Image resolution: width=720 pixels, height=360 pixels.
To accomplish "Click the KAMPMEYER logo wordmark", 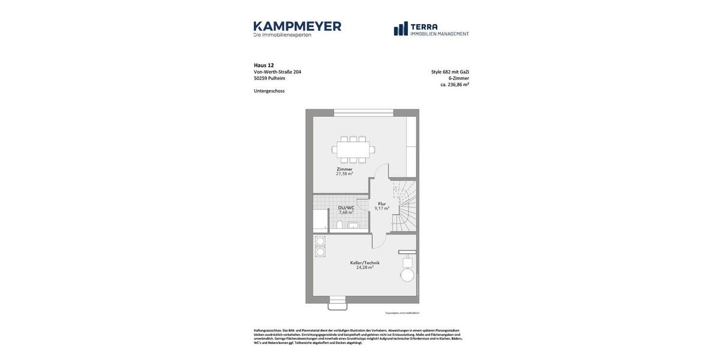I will [x=297, y=26].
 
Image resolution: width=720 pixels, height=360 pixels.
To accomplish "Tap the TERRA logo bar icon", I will [x=401, y=29].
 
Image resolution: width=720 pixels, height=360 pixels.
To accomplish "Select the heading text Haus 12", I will [x=263, y=65].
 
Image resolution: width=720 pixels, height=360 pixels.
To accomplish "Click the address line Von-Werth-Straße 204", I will [x=277, y=72].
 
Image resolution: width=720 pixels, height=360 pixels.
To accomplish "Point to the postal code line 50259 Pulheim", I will [x=269, y=79].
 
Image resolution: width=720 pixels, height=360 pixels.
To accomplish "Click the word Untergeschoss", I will [x=269, y=91].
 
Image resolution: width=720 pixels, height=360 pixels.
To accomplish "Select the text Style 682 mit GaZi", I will [x=450, y=72].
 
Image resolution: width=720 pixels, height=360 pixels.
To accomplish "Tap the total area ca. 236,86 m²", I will [x=454, y=85].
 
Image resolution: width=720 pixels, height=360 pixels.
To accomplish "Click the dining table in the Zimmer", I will [x=353, y=149].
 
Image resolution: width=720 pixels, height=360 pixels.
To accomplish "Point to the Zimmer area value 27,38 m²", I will [x=344, y=174].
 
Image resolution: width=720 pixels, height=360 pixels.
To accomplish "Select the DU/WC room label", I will [x=346, y=208].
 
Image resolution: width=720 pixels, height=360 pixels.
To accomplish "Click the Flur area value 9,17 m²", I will [x=382, y=209].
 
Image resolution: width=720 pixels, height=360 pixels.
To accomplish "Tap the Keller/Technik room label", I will [x=365, y=263].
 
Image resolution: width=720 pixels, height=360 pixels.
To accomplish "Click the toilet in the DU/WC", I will [x=340, y=224].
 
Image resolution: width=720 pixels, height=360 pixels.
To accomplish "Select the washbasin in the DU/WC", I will [x=353, y=226].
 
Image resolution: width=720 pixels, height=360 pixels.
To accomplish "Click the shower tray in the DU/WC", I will [x=320, y=220].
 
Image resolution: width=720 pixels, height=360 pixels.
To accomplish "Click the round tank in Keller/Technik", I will [x=407, y=275].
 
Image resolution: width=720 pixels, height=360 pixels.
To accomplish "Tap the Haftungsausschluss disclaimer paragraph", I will [x=358, y=337].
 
